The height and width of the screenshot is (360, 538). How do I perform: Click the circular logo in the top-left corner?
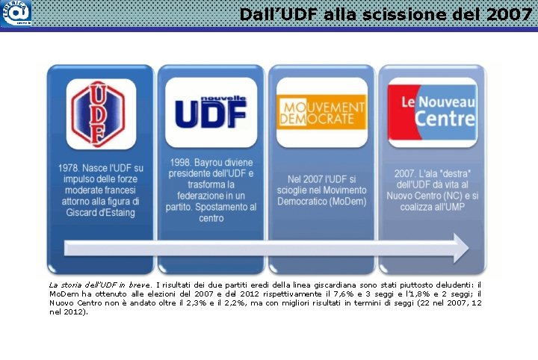16,13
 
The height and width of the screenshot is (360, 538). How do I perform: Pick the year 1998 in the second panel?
182,162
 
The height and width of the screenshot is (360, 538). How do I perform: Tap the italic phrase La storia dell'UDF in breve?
83,285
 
